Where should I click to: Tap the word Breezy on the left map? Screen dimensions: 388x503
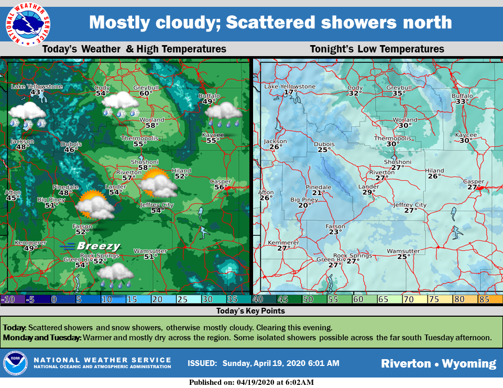point(98,246)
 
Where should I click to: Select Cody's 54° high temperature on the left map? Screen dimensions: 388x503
point(102,93)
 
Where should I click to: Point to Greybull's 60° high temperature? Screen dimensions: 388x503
point(146,93)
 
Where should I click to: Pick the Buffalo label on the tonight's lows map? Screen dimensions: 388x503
point(462,96)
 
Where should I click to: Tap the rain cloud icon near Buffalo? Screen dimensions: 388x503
point(223,114)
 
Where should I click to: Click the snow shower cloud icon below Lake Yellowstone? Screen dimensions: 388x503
point(27,114)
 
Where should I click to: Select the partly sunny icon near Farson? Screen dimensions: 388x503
point(94,205)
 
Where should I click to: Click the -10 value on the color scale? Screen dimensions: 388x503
point(7,299)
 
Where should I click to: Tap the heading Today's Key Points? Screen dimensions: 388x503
point(251,311)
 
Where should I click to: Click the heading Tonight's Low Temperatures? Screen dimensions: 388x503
point(377,49)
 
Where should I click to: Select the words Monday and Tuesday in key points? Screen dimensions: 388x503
point(42,337)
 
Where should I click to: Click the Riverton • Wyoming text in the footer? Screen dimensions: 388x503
point(438,363)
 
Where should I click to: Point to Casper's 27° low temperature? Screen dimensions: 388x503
point(474,187)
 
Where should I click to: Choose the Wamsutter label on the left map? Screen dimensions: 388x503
point(150,251)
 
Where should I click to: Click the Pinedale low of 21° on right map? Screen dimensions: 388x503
point(319,193)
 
